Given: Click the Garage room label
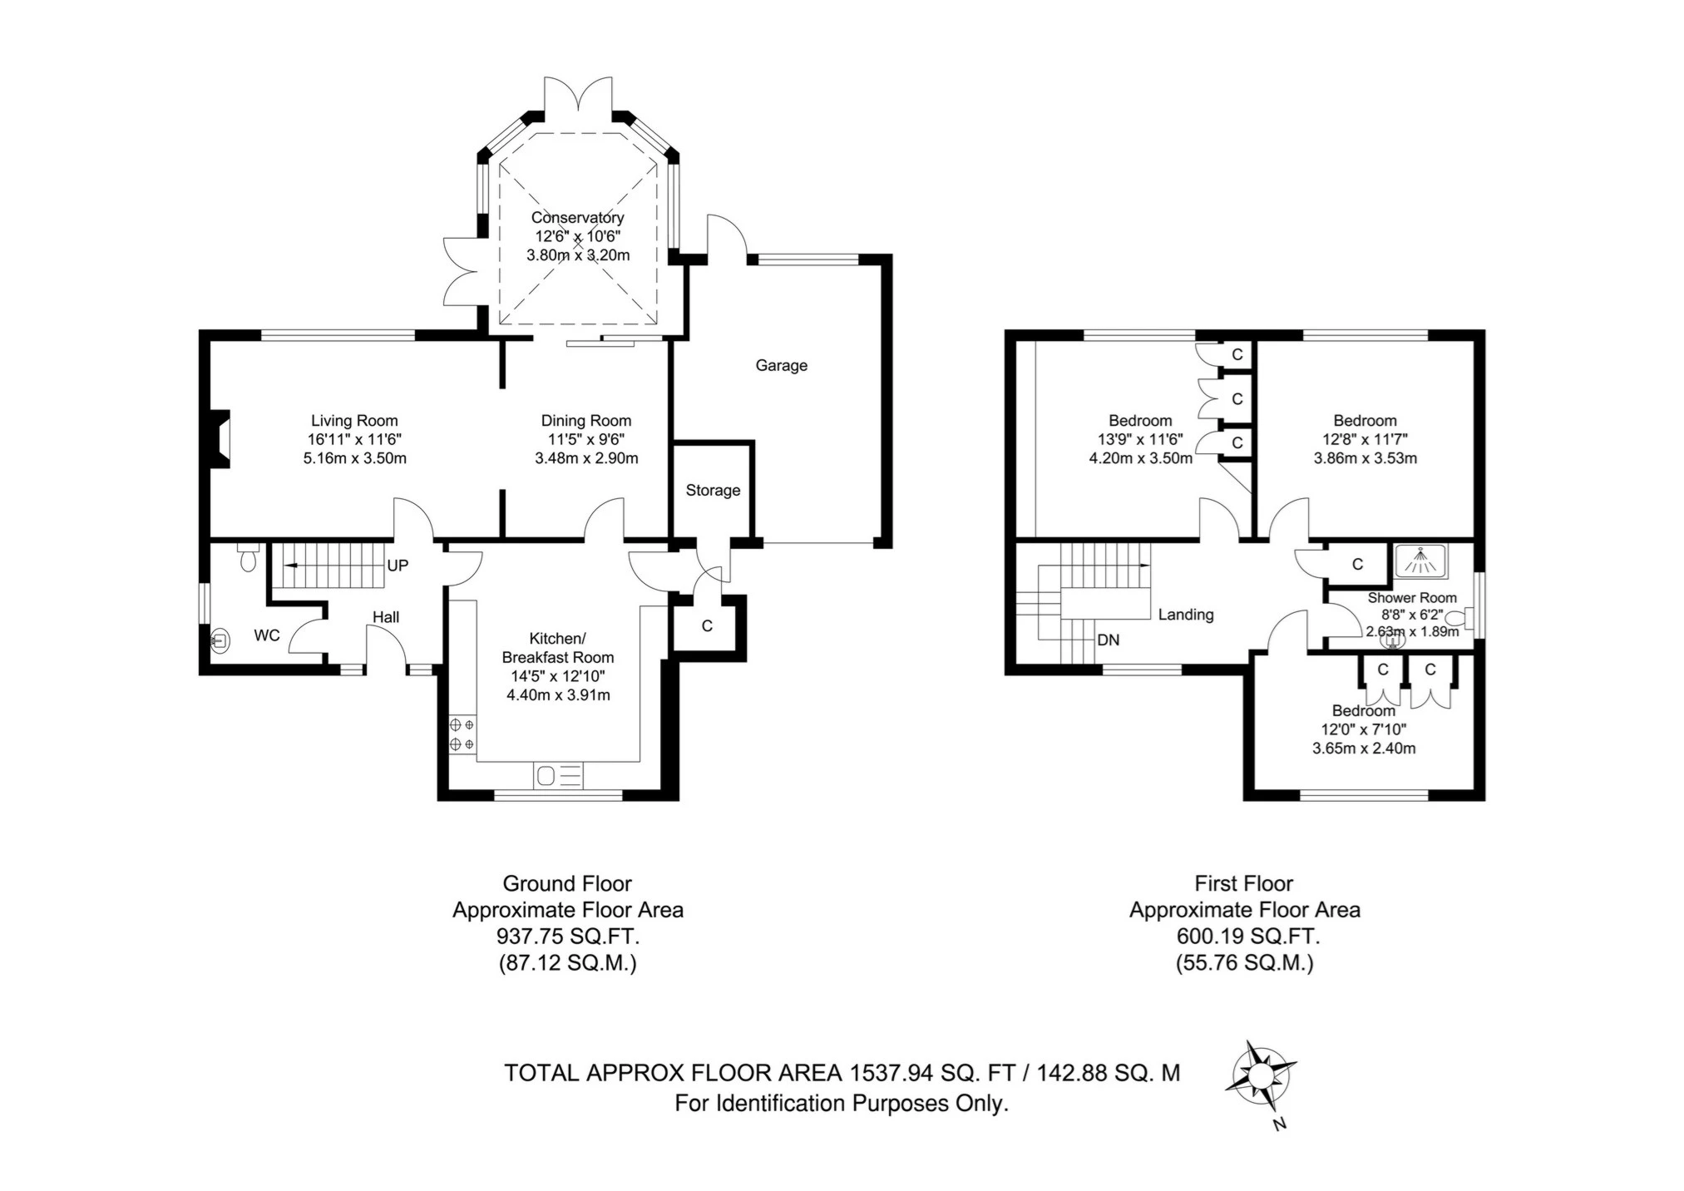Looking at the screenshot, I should click(781, 365).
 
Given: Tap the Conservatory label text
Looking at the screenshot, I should click(577, 218).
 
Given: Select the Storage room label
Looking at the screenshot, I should click(713, 491).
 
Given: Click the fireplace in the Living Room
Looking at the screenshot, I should click(220, 439).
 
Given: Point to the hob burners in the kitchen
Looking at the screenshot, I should click(462, 734).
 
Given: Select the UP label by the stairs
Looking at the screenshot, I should click(398, 566).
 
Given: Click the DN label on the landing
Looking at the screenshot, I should click(1108, 640).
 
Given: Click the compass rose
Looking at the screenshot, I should click(1260, 1079).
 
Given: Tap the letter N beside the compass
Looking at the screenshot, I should click(1280, 1124).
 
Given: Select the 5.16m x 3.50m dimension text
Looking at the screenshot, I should click(354, 458).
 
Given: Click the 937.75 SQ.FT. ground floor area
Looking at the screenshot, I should click(567, 936).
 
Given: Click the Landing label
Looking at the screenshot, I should click(1185, 615).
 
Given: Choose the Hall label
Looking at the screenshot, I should click(385, 617).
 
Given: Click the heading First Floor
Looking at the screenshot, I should click(1243, 883).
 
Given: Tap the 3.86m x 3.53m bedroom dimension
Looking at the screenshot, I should click(1365, 458).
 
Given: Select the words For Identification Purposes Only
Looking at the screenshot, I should click(841, 1104).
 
